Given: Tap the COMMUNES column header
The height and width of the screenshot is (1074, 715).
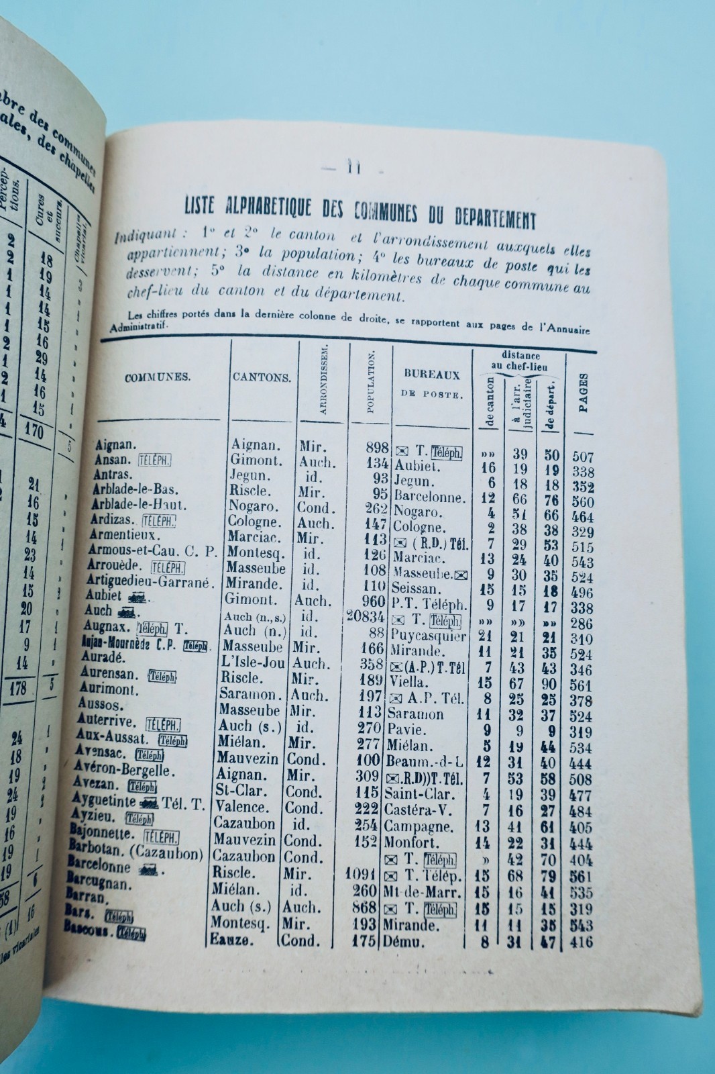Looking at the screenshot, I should (158, 377).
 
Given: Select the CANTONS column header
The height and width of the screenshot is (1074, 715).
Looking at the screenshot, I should (262, 377).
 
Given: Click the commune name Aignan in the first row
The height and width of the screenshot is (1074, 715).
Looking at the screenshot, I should (115, 445).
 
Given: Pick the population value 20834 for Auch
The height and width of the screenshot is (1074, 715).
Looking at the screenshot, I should (365, 616).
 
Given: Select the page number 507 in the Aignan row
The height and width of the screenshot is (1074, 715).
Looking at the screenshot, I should (583, 456).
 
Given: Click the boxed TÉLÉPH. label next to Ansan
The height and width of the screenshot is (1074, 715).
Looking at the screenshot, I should (154, 460).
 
